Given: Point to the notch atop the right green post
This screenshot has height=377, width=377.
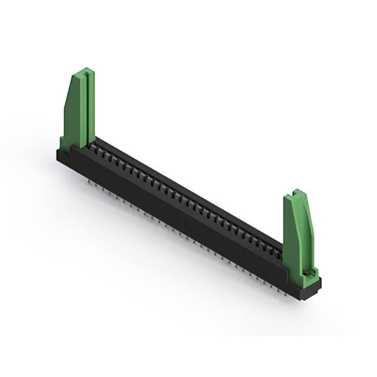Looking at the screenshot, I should coord(297,194).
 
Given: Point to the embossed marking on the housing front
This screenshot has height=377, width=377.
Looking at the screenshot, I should coord(178,219).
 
